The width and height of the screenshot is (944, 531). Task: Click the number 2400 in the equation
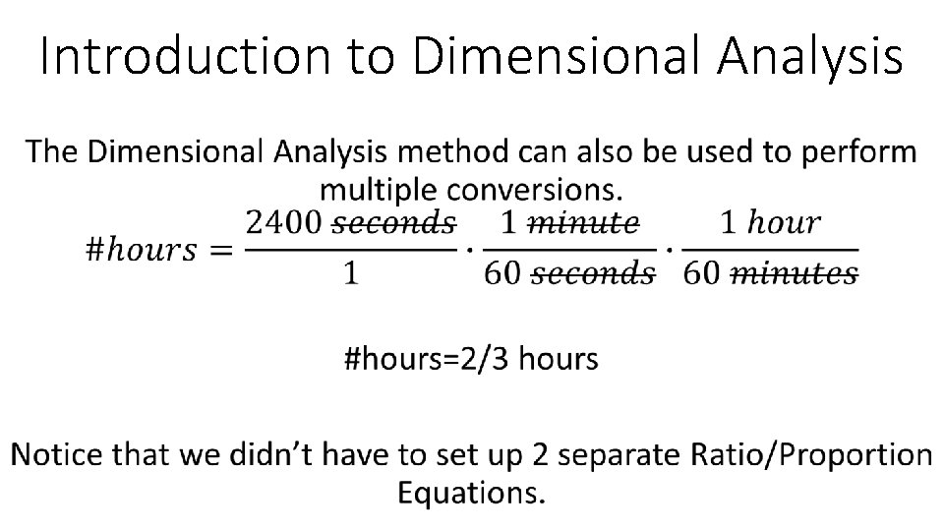coord(282,223)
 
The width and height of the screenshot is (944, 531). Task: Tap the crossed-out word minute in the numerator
coord(584,223)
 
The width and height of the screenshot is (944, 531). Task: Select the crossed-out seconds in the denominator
coord(593,273)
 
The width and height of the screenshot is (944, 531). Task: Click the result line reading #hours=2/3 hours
coord(471,359)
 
